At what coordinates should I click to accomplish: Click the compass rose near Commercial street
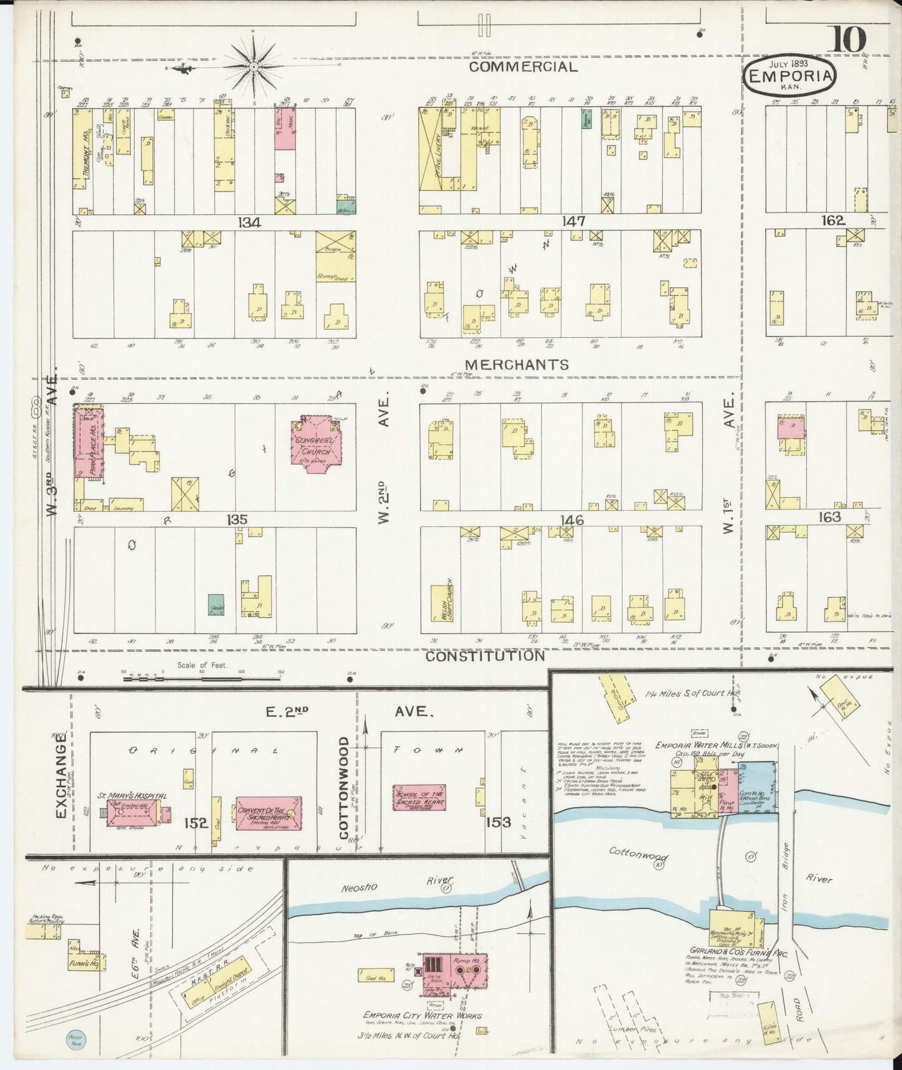tap(255, 65)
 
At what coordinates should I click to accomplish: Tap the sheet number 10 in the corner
tap(847, 41)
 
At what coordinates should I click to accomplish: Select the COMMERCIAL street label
tap(522, 67)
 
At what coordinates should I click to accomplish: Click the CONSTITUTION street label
tap(486, 656)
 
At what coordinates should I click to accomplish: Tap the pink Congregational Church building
tap(315, 448)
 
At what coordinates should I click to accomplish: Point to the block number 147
tap(572, 221)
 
